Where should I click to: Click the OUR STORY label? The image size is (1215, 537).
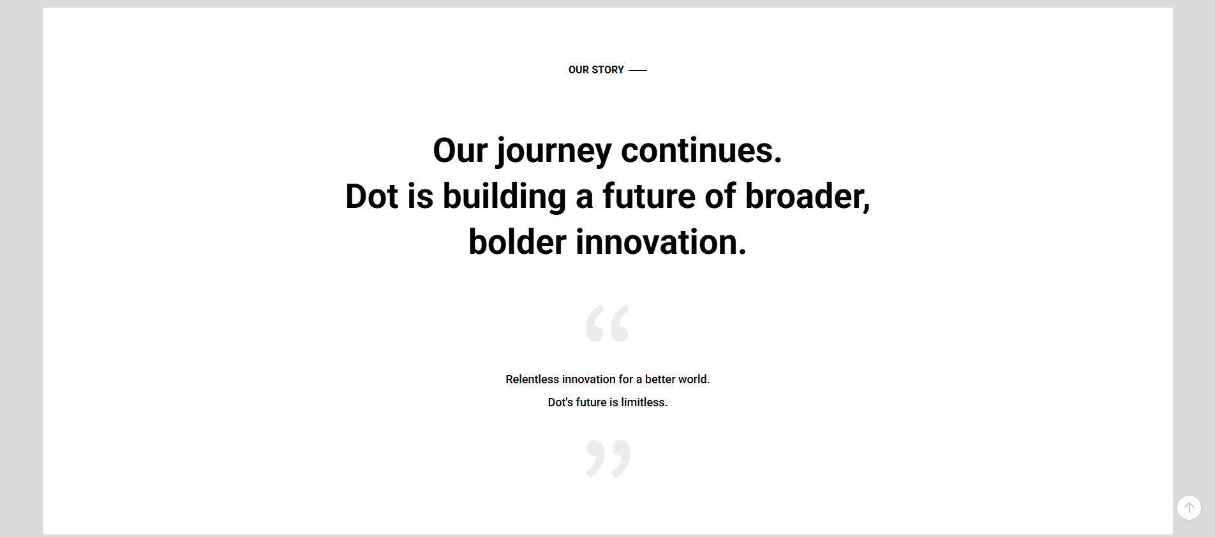[596, 70]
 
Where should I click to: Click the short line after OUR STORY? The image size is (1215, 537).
[637, 70]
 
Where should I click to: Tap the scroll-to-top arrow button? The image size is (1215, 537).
[1189, 508]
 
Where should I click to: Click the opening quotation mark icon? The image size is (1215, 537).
[607, 323]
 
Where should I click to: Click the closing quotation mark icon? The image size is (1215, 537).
[608, 459]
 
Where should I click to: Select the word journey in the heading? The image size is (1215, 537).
[554, 152]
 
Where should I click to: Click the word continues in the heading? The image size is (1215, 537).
[701, 151]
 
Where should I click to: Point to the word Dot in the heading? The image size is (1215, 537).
[371, 196]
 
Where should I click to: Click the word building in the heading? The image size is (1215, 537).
[504, 197]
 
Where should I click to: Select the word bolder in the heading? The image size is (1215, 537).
[518, 242]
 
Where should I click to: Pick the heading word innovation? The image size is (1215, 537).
[661, 242]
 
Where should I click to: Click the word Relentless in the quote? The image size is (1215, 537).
[532, 379]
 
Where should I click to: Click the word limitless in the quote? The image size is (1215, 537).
[644, 402]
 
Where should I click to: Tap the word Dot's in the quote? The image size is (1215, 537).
[560, 402]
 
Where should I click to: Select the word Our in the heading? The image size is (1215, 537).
[460, 151]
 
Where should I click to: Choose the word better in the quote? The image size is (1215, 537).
[660, 379]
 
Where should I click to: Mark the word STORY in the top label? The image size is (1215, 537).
[607, 70]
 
